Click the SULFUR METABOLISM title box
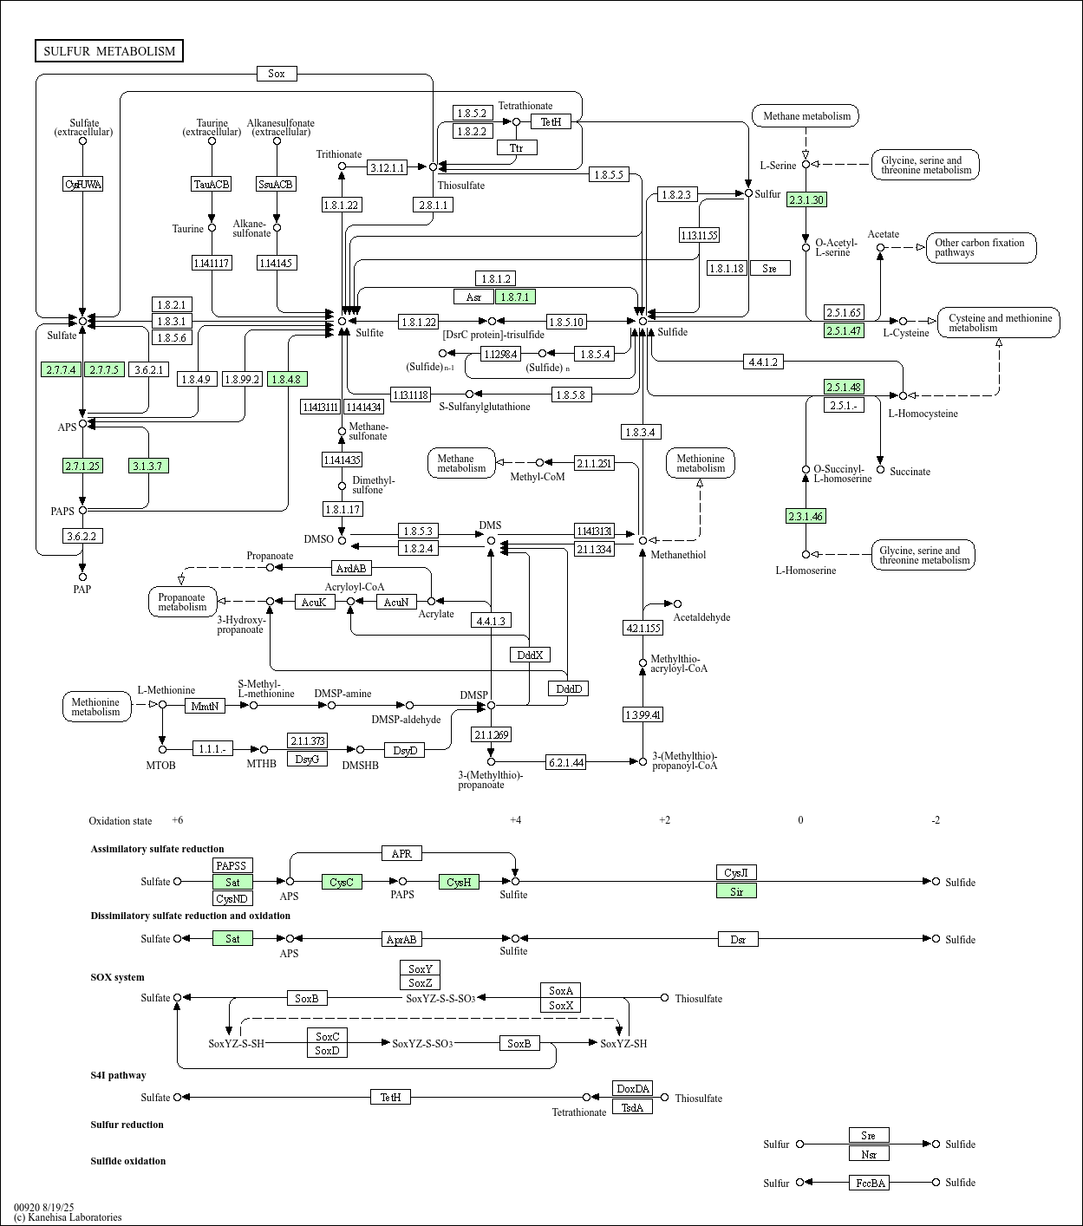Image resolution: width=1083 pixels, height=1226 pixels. pos(109,51)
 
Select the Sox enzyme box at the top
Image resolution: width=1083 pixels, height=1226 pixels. pos(277,74)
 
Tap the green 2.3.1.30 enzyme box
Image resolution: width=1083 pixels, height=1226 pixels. pos(806,200)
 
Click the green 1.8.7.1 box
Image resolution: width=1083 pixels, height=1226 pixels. pos(515,297)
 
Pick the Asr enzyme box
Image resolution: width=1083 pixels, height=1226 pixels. pos(473,297)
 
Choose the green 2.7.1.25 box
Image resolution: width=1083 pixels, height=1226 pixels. pos(82,466)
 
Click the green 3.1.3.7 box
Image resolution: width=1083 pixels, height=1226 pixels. pos(148,466)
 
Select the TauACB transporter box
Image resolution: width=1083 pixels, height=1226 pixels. pos(212,184)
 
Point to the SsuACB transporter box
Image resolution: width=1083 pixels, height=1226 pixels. pos(277,184)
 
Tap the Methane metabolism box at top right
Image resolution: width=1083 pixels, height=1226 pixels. pos(806,115)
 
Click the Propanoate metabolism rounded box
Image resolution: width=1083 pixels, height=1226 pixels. pos(182,602)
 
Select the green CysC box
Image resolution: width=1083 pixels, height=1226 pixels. pos(342,882)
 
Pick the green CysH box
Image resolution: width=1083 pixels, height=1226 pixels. pos(459,882)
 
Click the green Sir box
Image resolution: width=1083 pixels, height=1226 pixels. pos(736,890)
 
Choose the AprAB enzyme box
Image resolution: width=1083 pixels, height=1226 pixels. pos(401,939)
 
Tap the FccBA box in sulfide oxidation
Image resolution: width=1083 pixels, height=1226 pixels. pos(869,1183)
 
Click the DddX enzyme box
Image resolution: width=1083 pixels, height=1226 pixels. pos(530,655)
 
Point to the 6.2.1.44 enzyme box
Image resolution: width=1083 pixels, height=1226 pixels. pos(565,762)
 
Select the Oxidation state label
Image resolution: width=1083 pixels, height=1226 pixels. pos(120,821)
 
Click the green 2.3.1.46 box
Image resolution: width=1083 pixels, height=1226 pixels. pos(806,516)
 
